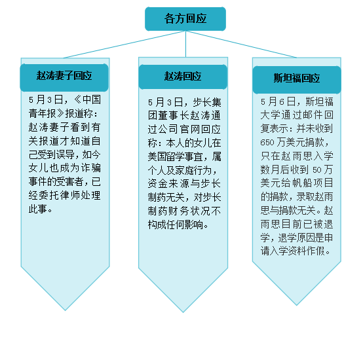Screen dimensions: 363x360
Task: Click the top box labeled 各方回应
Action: [x=185, y=19]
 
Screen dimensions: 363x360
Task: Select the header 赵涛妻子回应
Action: [x=64, y=77]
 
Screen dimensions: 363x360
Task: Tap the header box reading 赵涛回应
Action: [x=183, y=77]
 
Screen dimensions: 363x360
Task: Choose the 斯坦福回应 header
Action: [x=297, y=80]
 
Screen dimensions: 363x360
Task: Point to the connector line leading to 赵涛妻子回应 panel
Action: [x=124, y=44]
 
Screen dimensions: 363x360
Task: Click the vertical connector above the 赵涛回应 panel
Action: [x=185, y=44]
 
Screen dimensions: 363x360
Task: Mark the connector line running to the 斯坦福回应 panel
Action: [x=241, y=44]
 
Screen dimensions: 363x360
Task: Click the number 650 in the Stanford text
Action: [x=267, y=143]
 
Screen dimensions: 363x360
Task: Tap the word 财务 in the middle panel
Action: [x=179, y=211]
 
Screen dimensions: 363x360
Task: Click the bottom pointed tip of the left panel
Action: [x=65, y=310]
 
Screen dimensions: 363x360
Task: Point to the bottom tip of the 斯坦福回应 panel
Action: [x=297, y=305]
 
